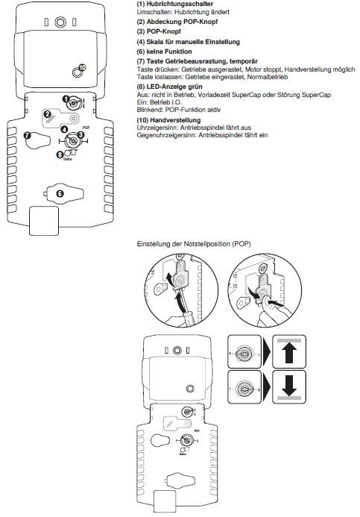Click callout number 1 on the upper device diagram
[66, 99]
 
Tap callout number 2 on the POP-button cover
[48, 114]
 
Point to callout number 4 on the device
[65, 130]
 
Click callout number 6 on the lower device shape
[60, 193]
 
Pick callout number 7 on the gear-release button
[27, 135]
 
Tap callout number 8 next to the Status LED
[60, 154]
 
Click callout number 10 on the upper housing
[83, 68]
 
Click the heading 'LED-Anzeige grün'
[174, 87]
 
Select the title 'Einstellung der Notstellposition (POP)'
[194, 244]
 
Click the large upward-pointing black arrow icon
[289, 353]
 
